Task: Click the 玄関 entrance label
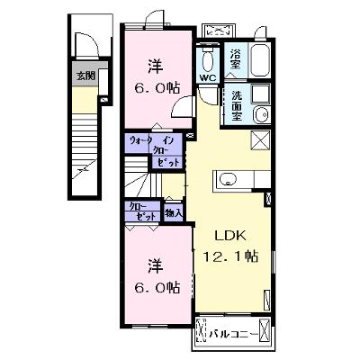pyautogui.click(x=85, y=76)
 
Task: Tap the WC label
pyautogui.click(x=208, y=78)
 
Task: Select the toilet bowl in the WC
pyautogui.click(x=208, y=60)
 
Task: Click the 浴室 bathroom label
pyautogui.click(x=236, y=58)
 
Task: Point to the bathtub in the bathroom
pyautogui.click(x=260, y=60)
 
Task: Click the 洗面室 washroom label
pyautogui.click(x=237, y=105)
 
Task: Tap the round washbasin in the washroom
pyautogui.click(x=262, y=114)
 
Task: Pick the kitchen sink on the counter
pyautogui.click(x=228, y=179)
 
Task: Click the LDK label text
pyautogui.click(x=230, y=236)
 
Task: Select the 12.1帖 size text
pyautogui.click(x=230, y=256)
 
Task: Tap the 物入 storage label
pyautogui.click(x=174, y=213)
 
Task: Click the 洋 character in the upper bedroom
pyautogui.click(x=155, y=67)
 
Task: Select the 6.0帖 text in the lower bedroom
pyautogui.click(x=157, y=287)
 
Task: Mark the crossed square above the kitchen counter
pyautogui.click(x=260, y=139)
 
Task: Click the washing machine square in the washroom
pyautogui.click(x=261, y=94)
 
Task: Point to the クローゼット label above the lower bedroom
pyautogui.click(x=143, y=211)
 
